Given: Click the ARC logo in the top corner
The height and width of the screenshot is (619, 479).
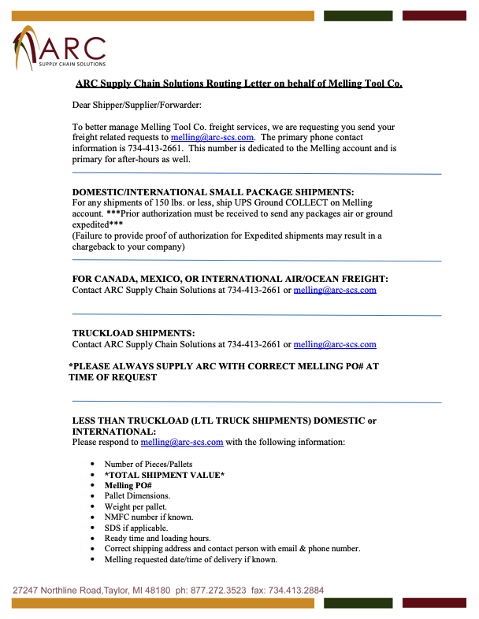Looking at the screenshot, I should [59, 47].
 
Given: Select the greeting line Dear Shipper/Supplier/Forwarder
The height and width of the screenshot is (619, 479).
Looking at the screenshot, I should [137, 106].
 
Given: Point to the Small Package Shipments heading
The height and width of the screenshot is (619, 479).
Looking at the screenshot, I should [214, 192].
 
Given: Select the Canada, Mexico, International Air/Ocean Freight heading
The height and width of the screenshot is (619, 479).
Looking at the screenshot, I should [230, 279].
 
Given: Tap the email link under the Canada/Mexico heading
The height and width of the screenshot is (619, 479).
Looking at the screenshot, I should [335, 290].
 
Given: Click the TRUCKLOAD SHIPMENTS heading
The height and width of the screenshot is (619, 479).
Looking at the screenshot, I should [133, 333].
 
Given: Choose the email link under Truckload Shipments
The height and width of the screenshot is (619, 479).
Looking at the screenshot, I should [335, 344].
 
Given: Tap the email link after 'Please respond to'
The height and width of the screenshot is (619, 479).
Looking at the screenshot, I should [182, 442].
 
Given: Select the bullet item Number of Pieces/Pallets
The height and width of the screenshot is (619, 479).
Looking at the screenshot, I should [148, 464].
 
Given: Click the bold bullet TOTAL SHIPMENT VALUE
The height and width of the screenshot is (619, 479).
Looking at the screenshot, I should [165, 475].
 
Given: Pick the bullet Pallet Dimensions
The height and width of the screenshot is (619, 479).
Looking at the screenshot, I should [137, 496].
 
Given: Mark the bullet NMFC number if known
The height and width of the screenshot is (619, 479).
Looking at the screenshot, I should [148, 517].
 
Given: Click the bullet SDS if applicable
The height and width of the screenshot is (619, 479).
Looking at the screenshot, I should [136, 528].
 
